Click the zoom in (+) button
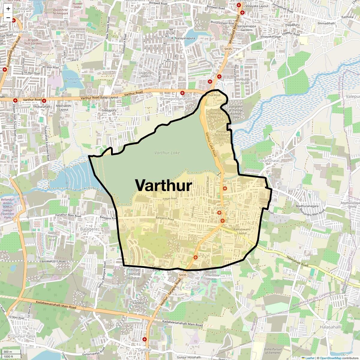[8, 8]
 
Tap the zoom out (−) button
[8, 18]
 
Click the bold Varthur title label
[163, 185]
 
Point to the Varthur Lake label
[167, 153]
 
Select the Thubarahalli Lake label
[73, 80]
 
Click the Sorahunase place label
[269, 161]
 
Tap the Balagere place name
[89, 229]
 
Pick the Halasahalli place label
[330, 327]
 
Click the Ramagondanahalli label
[176, 99]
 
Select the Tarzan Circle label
[157, 268]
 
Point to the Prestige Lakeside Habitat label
[133, 274]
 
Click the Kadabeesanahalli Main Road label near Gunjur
[182, 323]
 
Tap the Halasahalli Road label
[297, 261]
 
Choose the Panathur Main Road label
[68, 215]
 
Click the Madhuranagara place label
[307, 206]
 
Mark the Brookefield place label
[18, 32]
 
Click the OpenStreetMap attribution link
[331, 358]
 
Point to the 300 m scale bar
[11, 352]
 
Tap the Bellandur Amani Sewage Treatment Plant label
[7, 208]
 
